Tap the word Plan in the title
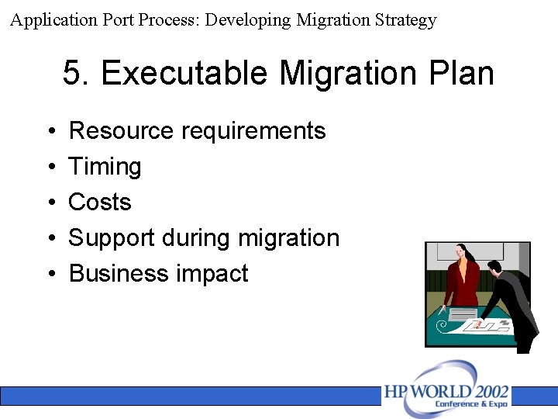click(x=463, y=74)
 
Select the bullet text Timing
click(x=105, y=166)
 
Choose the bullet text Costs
click(x=100, y=202)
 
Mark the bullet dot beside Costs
click(x=49, y=203)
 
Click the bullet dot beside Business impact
click(x=49, y=274)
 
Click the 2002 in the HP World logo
click(x=488, y=390)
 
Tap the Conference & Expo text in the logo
click(x=471, y=404)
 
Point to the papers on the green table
click(x=484, y=324)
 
